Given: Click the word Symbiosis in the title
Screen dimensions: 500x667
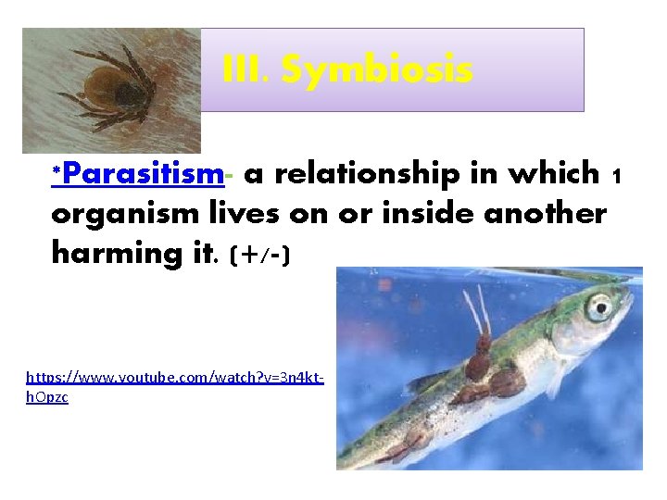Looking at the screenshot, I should coord(377,70).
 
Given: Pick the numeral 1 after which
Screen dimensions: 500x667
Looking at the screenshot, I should coord(617,175).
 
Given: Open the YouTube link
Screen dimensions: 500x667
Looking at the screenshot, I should coord(174,378).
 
